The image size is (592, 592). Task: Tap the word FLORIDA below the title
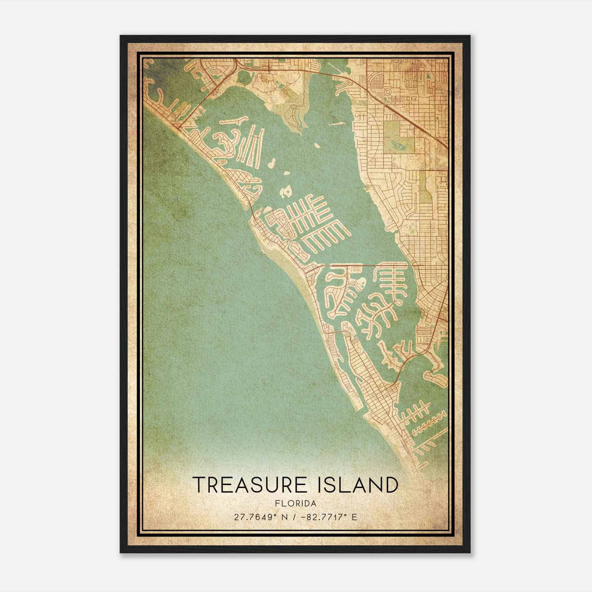pyautogui.click(x=296, y=504)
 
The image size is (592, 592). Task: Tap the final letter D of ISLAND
pyautogui.click(x=391, y=485)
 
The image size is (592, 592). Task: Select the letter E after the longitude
pyautogui.click(x=354, y=517)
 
